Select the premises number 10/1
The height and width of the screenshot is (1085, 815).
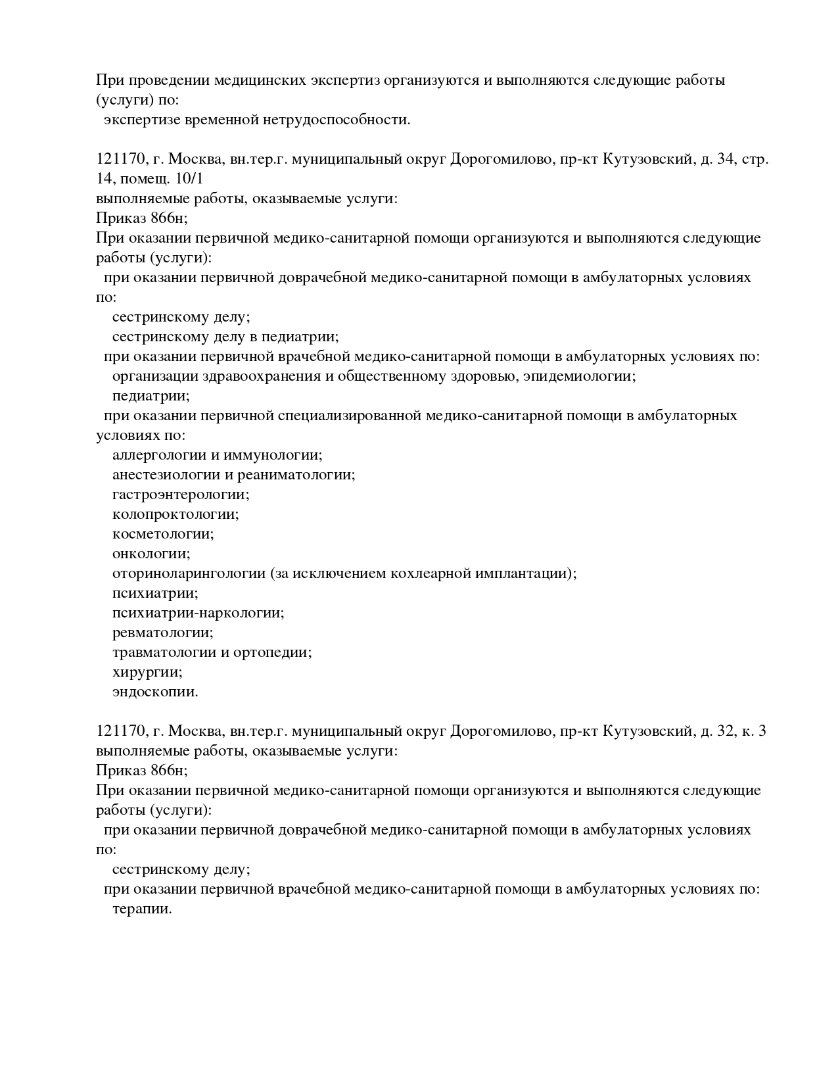click(x=191, y=179)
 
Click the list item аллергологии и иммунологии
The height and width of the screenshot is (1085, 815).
click(x=217, y=455)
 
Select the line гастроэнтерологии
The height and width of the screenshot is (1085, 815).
click(x=181, y=494)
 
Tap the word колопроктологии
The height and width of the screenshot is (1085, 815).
click(x=175, y=514)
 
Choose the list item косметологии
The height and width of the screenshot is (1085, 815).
click(x=163, y=534)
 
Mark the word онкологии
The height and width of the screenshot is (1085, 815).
click(x=151, y=554)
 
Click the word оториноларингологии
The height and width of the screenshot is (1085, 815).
click(x=189, y=573)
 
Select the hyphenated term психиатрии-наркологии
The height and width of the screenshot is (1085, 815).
click(x=198, y=613)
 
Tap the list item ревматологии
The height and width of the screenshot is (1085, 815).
click(x=163, y=633)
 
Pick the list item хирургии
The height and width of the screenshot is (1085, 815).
click(x=147, y=672)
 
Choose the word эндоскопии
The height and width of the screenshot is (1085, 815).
click(x=155, y=692)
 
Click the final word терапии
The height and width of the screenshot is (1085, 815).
click(x=142, y=909)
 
